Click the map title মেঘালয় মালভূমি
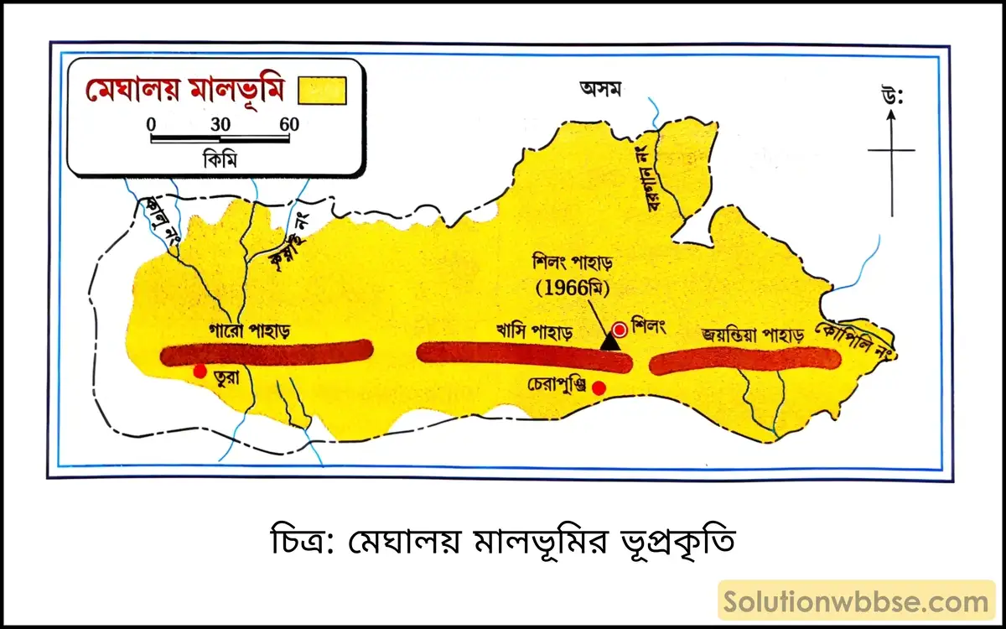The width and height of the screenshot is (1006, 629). coord(185,89)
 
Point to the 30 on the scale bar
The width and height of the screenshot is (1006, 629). coord(220,124)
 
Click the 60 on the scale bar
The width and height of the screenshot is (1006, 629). coord(289,124)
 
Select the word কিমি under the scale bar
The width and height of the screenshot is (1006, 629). coord(220,159)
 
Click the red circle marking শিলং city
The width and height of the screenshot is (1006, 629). coord(620,329)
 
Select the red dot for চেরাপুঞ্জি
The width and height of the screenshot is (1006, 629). coord(599,387)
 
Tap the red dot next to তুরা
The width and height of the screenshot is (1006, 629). coord(200,371)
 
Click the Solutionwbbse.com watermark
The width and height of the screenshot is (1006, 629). coord(856,601)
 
